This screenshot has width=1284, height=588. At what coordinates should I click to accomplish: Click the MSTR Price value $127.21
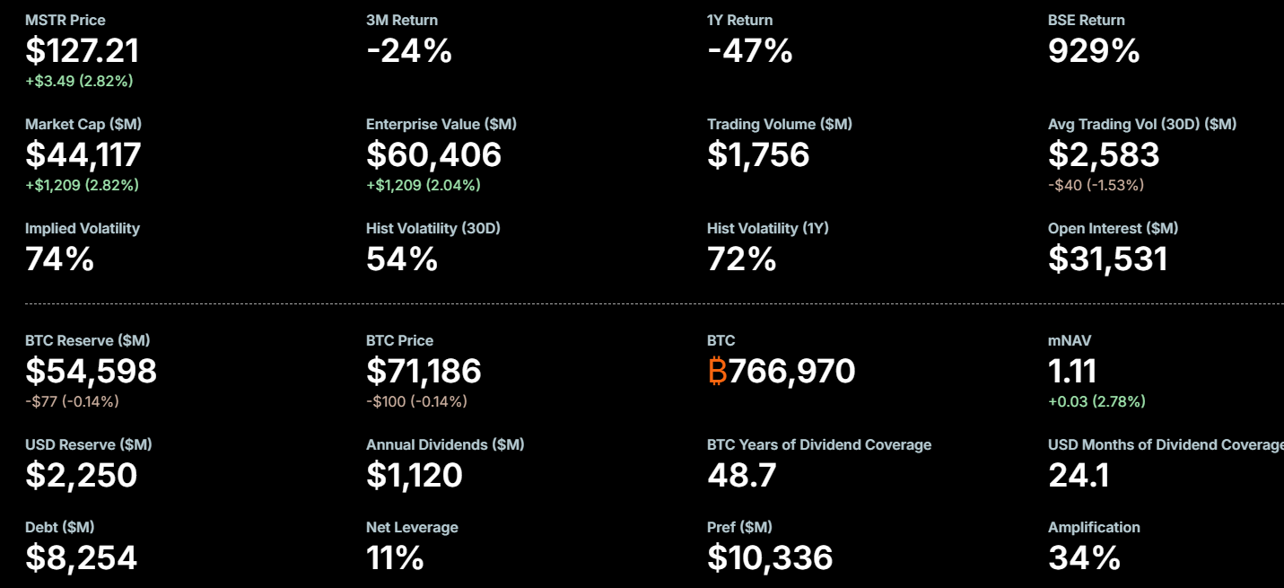click(82, 51)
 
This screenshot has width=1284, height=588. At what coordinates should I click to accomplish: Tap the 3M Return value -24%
click(408, 51)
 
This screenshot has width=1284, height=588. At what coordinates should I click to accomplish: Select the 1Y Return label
click(739, 20)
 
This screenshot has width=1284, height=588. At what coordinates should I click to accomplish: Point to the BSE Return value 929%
click(1094, 51)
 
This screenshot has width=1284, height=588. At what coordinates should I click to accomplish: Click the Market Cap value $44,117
click(83, 155)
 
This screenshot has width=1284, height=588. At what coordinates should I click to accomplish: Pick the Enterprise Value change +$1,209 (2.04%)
click(423, 185)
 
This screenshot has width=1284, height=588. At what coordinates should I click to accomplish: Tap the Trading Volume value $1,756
click(758, 155)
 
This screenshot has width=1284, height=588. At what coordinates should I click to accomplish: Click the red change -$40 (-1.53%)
click(1096, 185)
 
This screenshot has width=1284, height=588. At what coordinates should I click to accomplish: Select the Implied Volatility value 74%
click(59, 259)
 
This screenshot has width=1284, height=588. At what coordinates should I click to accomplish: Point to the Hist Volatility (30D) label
click(432, 228)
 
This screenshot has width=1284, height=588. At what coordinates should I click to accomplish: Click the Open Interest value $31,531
click(1107, 259)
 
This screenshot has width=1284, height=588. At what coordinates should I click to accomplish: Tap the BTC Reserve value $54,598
click(91, 371)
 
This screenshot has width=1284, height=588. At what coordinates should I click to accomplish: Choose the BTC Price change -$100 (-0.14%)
click(416, 401)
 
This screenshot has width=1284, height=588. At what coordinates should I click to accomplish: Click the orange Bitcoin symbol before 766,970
click(717, 371)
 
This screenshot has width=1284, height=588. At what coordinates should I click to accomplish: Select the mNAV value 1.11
click(1072, 371)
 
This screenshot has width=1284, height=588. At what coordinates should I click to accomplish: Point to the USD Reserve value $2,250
click(81, 475)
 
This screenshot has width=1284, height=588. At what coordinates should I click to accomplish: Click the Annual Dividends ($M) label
click(445, 444)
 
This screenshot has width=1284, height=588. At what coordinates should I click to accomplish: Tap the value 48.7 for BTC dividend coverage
click(741, 475)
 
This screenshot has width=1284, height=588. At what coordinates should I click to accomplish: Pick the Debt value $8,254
click(81, 557)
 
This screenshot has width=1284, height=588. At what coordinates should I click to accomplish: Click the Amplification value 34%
click(1084, 557)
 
